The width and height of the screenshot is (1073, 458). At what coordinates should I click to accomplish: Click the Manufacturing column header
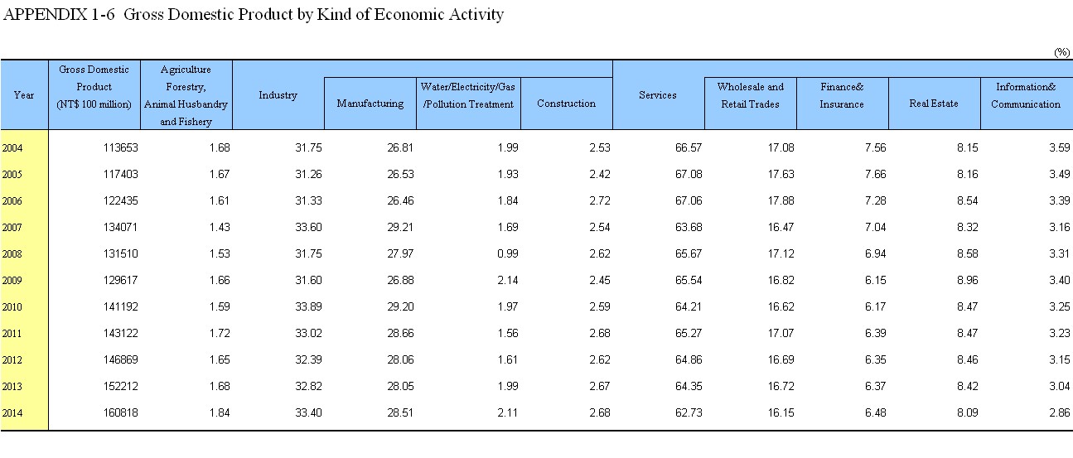370,104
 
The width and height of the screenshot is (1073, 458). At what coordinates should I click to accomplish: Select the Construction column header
566,104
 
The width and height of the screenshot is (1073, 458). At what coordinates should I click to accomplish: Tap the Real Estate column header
934,104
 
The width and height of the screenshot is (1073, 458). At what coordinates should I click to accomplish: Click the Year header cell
24,94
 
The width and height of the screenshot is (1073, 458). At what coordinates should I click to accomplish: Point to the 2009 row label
12,281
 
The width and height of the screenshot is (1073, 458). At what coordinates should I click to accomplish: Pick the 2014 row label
12,413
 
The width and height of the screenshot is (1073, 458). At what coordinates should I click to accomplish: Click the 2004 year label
12,148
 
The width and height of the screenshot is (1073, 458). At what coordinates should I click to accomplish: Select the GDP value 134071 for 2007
120,227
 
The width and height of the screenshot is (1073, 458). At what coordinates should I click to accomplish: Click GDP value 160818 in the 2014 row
120,412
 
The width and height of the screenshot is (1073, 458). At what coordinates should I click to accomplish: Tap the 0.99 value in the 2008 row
508,253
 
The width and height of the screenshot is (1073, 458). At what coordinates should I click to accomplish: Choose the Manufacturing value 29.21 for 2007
400,227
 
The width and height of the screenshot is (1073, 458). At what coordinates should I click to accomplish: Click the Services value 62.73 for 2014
689,412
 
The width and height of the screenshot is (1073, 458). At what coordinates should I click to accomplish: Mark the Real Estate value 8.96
968,280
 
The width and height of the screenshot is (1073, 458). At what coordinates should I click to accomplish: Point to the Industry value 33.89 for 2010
308,306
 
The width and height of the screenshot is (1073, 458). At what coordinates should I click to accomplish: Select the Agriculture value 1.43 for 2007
220,227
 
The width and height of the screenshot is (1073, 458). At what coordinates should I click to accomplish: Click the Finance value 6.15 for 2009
876,280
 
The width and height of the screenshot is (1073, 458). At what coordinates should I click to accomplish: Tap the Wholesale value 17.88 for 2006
781,200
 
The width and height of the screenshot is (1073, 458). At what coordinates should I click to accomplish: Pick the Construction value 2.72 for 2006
600,200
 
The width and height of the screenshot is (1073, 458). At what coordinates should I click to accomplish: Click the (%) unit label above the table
1062,52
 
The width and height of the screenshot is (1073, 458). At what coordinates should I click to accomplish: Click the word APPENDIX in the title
45,14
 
